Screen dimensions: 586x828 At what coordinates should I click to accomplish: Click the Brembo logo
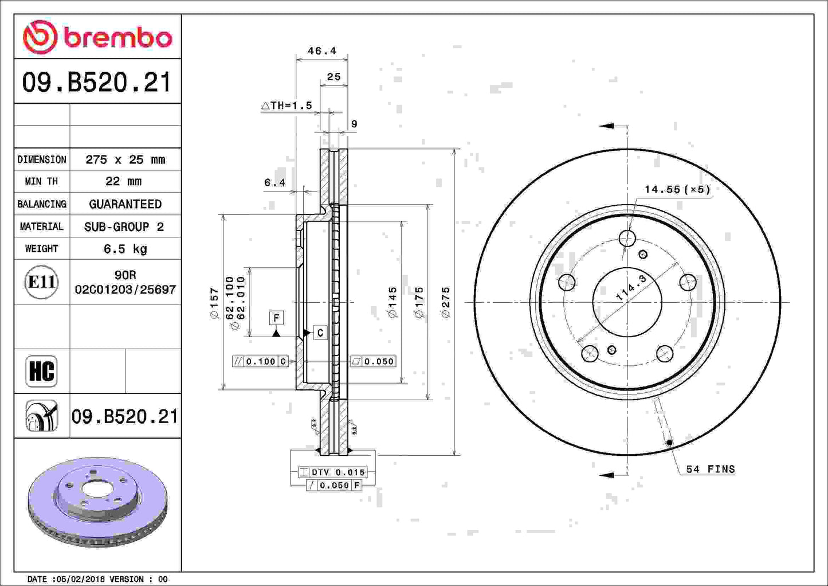(x=97, y=37)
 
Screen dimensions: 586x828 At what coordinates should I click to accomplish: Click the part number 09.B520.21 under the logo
(x=97, y=82)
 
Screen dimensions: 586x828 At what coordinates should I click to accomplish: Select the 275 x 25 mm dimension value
(x=125, y=159)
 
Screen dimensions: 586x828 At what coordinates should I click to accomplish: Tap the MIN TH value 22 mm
(x=123, y=181)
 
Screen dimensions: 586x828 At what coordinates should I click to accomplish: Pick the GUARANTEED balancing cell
(x=125, y=204)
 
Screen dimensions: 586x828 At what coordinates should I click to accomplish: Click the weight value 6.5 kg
(x=125, y=249)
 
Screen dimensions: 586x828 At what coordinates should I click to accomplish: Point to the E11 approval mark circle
(x=41, y=282)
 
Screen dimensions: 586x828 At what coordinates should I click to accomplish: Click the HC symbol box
(x=41, y=371)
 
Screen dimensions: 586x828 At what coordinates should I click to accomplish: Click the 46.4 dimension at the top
(x=322, y=51)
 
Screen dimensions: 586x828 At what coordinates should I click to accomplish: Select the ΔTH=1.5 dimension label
(x=287, y=106)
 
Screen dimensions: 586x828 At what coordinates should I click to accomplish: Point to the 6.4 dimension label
(x=274, y=183)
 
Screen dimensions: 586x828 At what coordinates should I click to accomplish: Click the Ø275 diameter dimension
(x=446, y=302)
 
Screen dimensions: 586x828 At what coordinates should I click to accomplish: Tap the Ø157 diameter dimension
(x=214, y=303)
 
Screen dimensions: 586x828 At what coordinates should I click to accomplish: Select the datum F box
(x=276, y=318)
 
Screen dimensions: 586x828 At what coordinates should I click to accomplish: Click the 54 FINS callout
(x=710, y=469)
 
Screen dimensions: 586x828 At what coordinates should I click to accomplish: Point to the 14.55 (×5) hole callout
(x=677, y=189)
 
